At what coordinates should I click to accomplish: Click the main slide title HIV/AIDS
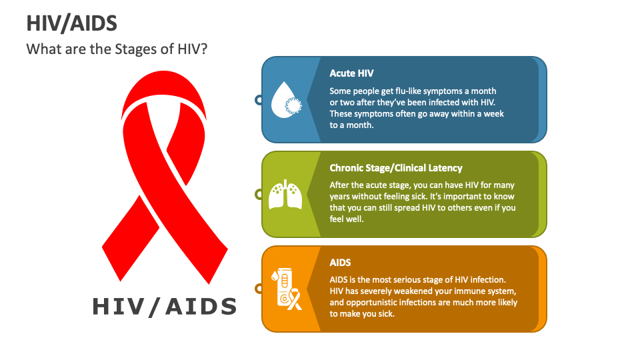click(x=72, y=23)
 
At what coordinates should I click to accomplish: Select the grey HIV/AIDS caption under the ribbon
click(x=165, y=306)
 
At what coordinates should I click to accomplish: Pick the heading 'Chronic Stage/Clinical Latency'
click(x=395, y=168)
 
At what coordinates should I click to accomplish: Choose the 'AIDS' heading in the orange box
click(x=340, y=263)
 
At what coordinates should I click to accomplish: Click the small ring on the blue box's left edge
click(x=259, y=100)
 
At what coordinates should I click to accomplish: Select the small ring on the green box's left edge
click(x=259, y=195)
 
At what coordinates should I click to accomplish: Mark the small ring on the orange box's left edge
click(x=259, y=289)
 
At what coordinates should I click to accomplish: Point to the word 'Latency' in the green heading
click(x=443, y=168)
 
